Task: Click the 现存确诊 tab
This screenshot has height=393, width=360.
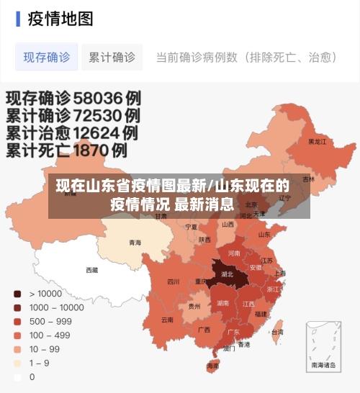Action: tap(47, 57)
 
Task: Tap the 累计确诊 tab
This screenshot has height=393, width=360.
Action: tap(112, 57)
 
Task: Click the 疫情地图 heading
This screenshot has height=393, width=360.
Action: tap(60, 19)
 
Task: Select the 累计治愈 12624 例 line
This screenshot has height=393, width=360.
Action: tap(72, 133)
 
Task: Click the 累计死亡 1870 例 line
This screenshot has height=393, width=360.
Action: tap(67, 151)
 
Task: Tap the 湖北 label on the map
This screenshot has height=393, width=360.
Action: tap(227, 274)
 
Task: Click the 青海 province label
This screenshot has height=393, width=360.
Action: tap(135, 243)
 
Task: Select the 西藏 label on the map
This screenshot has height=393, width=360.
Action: tap(92, 271)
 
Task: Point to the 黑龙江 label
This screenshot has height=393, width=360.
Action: tap(317, 142)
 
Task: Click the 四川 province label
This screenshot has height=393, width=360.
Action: tap(174, 282)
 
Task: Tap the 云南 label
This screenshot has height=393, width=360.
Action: tap(167, 319)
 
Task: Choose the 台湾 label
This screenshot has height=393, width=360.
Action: tap(277, 332)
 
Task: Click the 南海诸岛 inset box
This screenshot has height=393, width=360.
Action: tap(324, 345)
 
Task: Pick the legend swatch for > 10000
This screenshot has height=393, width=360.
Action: tap(17, 294)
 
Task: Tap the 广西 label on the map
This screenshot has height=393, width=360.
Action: tap(204, 330)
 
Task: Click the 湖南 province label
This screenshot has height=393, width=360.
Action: tap(223, 303)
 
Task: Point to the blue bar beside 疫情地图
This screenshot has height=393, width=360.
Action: tap(17, 19)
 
